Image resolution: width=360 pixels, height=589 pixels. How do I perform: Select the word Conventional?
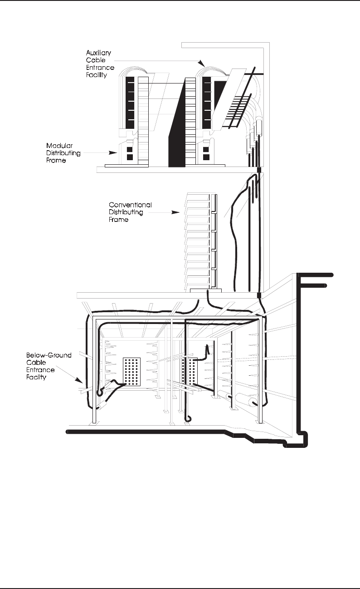tap(130, 205)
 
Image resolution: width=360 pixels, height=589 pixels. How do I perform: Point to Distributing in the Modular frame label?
tap(63, 153)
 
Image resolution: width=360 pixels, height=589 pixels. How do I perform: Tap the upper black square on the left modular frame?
tap(130, 149)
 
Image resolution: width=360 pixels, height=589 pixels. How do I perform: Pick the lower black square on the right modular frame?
tap(206, 157)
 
